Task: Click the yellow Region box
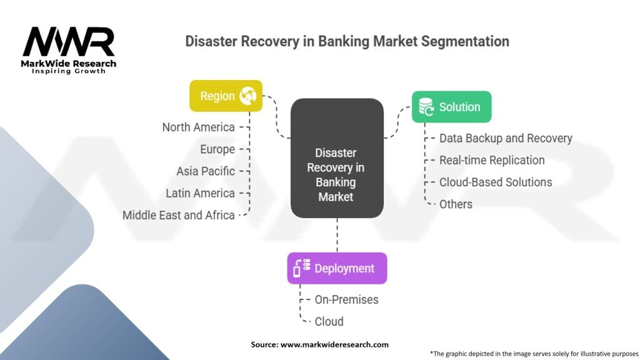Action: pyautogui.click(x=226, y=96)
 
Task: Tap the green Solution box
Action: pyautogui.click(x=451, y=107)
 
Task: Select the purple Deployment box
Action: pyautogui.click(x=337, y=268)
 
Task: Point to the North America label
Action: pyautogui.click(x=198, y=127)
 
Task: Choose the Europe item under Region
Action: pyautogui.click(x=217, y=149)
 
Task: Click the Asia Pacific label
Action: pyautogui.click(x=206, y=171)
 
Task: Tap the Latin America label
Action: pyautogui.click(x=200, y=193)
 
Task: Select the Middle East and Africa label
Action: pyautogui.click(x=178, y=215)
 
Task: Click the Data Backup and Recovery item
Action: pyautogui.click(x=506, y=138)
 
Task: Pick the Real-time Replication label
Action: pyautogui.click(x=492, y=160)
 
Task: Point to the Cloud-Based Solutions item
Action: pyautogui.click(x=496, y=182)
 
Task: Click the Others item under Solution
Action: pyautogui.click(x=456, y=204)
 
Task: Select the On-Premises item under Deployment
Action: pyautogui.click(x=346, y=299)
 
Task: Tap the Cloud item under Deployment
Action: pyautogui.click(x=329, y=321)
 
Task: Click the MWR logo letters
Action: pyautogui.click(x=69, y=42)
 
